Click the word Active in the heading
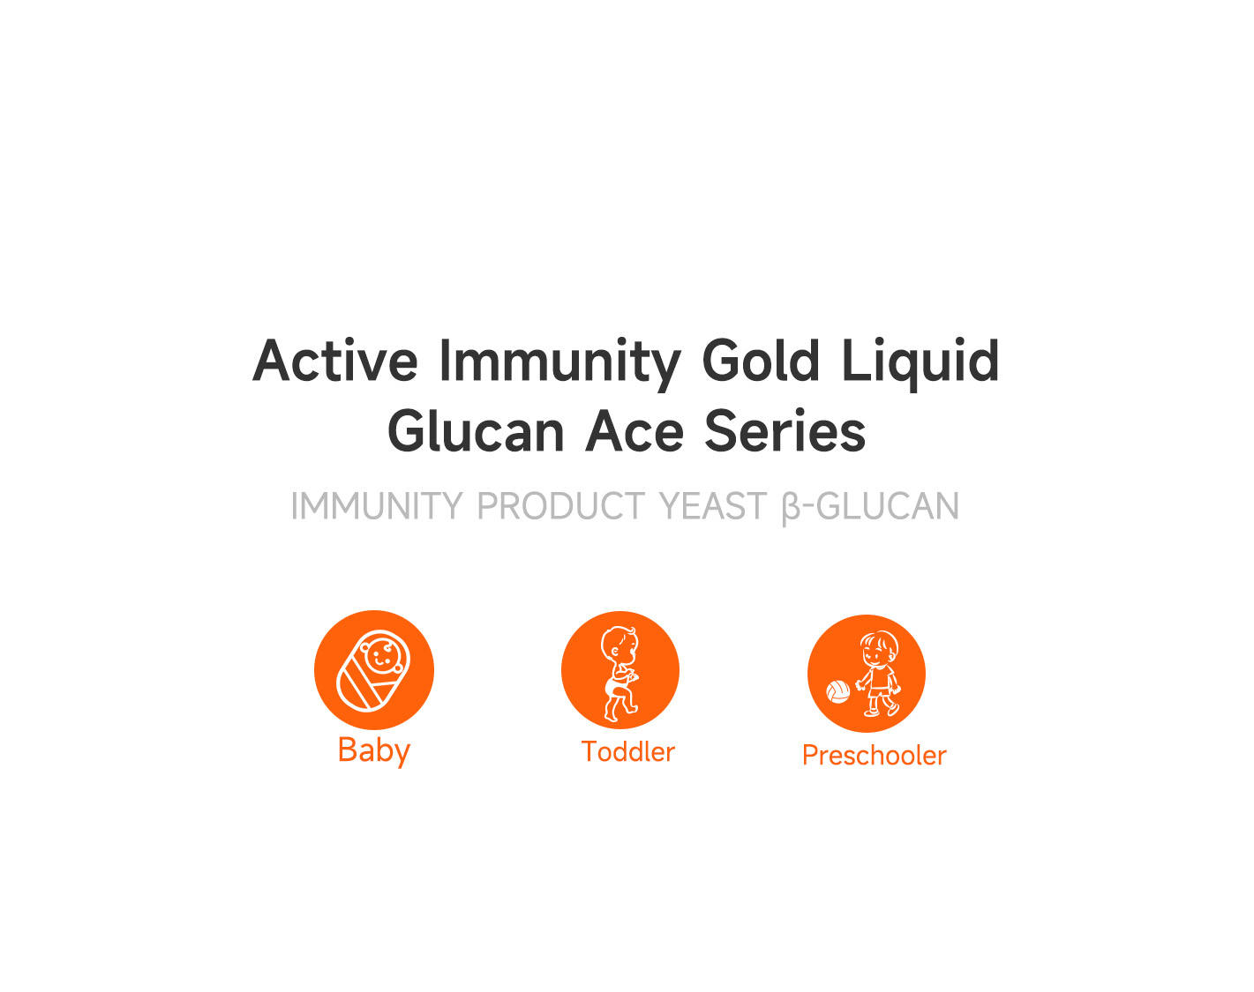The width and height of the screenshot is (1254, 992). [335, 361]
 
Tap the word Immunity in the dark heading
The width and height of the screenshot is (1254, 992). [560, 364]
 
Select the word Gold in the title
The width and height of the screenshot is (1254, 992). [761, 360]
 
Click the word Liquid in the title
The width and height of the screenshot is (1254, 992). [920, 364]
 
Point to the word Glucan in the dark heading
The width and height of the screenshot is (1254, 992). [476, 431]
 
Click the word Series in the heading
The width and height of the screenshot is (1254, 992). [785, 431]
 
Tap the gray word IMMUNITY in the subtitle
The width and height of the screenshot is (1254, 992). [377, 506]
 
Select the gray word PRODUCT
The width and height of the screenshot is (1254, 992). [560, 506]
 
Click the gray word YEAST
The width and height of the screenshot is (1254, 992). [712, 506]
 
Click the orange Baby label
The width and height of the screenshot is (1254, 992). [374, 750]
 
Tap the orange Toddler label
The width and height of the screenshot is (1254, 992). [628, 751]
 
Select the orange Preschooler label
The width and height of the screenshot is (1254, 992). [874, 756]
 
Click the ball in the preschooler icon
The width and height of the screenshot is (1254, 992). [838, 691]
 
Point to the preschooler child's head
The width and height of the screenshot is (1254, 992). [879, 649]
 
